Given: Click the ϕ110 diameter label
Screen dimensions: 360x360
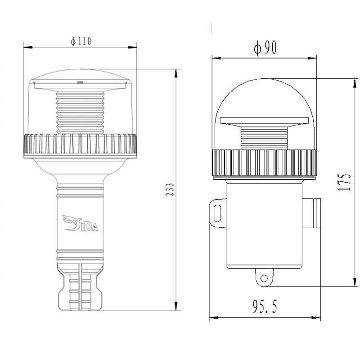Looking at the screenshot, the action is click(81, 41).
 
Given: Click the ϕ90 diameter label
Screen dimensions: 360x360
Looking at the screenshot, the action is click(265, 48).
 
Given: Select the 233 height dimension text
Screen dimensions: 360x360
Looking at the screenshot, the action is click(170, 189).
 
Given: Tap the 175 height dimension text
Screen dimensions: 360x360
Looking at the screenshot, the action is click(344, 182).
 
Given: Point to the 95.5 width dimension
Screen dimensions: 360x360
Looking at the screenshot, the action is click(265, 306).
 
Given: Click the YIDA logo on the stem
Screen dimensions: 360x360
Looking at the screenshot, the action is click(80, 223).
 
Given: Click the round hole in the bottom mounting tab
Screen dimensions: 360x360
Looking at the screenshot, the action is click(264, 279).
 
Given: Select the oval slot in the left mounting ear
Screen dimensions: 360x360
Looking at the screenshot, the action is click(217, 213).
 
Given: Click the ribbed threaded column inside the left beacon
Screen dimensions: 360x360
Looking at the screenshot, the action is click(80, 112).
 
